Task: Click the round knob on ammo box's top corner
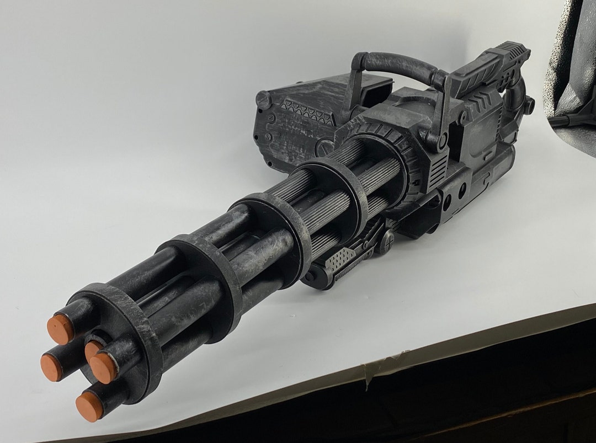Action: pyautogui.click(x=263, y=99)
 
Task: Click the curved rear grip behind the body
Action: pyautogui.click(x=516, y=94)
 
